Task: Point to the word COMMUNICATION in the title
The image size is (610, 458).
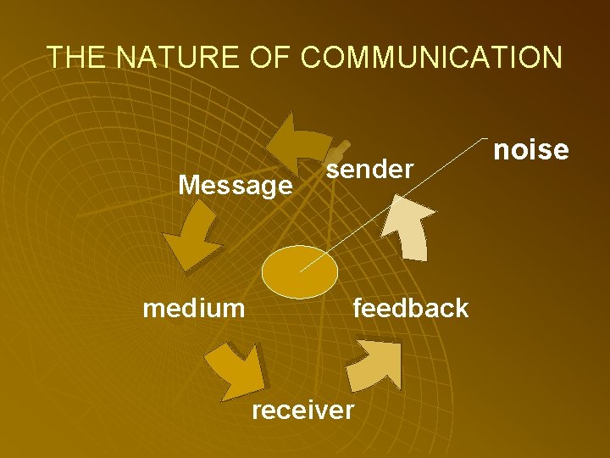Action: click(x=430, y=57)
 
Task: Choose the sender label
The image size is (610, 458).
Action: click(x=370, y=169)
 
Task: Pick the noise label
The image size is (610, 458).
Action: click(x=530, y=150)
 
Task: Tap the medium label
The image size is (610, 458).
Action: click(x=194, y=307)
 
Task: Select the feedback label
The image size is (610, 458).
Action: click(x=410, y=307)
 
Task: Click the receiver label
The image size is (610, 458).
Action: click(x=303, y=410)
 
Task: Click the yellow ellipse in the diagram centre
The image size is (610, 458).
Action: click(x=299, y=271)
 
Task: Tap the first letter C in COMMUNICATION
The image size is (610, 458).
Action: click(x=311, y=57)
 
